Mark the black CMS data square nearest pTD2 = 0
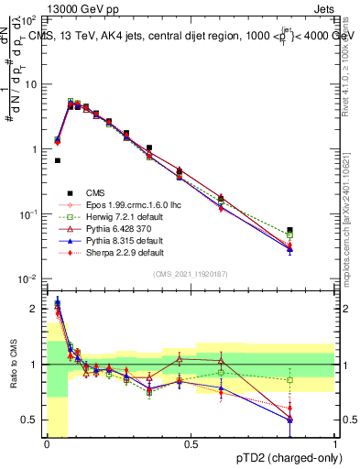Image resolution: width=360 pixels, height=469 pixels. pos(58,160)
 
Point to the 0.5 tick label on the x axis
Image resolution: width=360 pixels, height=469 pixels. pos(191,444)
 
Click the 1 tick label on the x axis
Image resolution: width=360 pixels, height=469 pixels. pos(334,444)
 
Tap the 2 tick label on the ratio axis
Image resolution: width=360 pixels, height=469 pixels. pos(35,309)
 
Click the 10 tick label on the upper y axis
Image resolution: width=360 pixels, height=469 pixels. pos(30,84)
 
